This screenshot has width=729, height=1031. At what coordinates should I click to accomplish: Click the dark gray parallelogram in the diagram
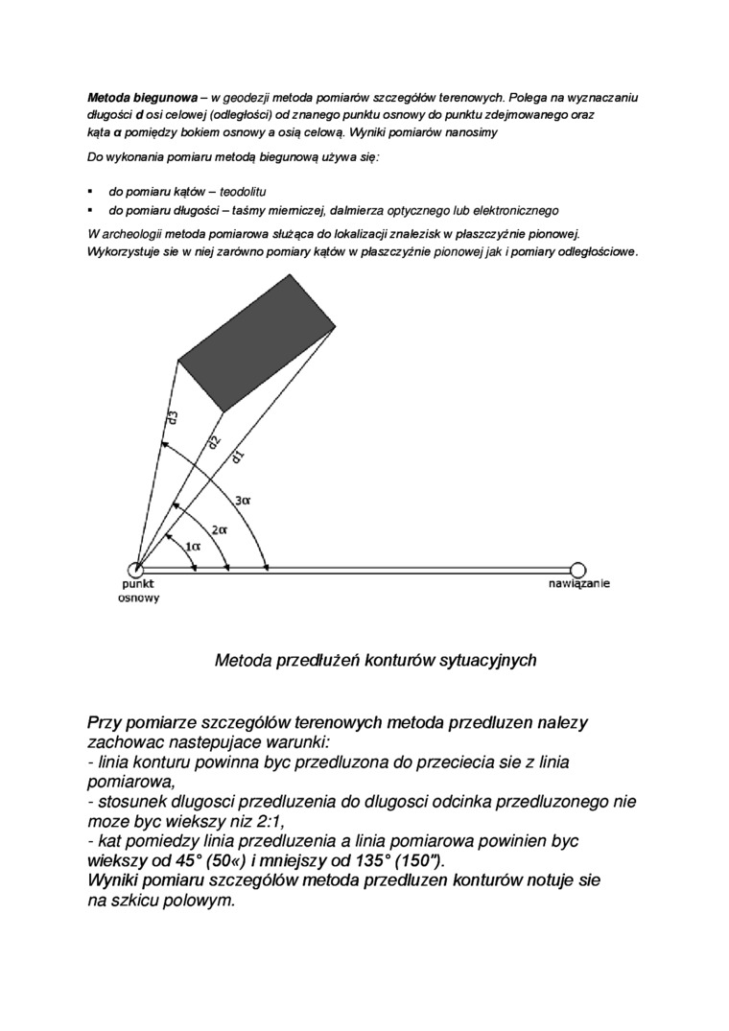(x=257, y=341)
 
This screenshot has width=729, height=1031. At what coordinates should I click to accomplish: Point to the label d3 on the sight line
(x=172, y=419)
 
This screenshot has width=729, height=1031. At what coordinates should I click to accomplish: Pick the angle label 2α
(x=219, y=528)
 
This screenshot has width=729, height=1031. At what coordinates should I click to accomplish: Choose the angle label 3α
(x=243, y=500)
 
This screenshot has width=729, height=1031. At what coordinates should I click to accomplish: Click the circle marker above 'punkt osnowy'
(x=136, y=570)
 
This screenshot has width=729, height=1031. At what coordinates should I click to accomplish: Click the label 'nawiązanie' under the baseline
(x=579, y=584)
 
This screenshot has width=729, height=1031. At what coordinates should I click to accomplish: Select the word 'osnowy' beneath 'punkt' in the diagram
(x=139, y=598)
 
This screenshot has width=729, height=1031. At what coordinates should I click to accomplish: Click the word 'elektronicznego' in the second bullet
(x=518, y=210)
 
